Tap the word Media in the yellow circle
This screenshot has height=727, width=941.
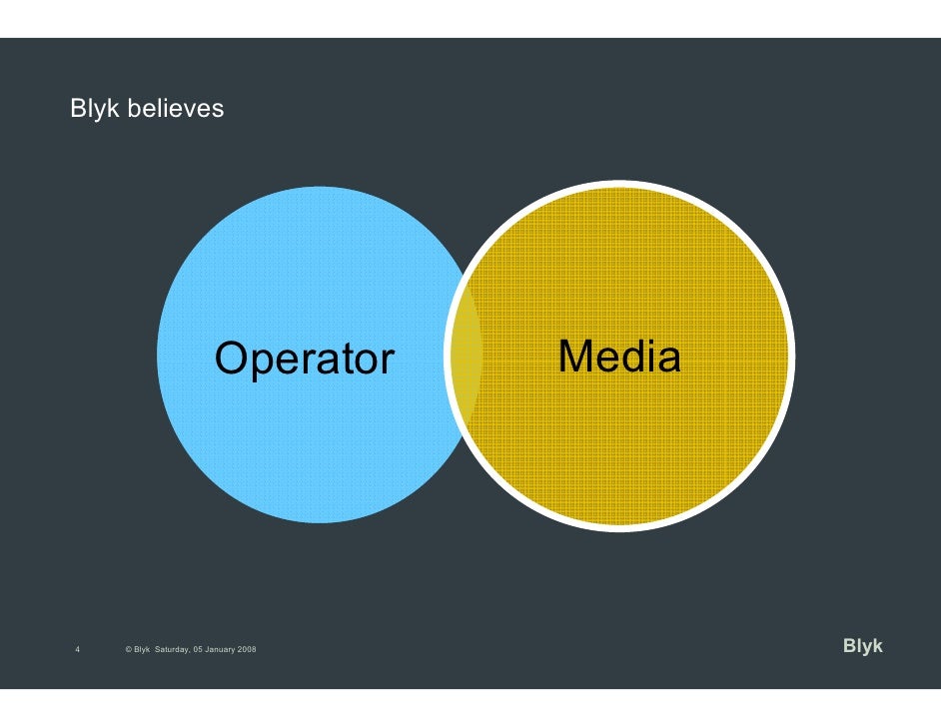619,357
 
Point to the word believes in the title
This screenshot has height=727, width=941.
176,108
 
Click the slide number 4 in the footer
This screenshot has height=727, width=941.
78,650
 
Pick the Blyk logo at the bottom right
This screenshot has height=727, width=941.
862,646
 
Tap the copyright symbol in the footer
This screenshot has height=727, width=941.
129,650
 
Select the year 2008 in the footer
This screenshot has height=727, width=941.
246,650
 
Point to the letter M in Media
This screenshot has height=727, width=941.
575,357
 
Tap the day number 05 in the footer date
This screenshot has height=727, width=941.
202,650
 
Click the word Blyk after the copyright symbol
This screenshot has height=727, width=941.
142,650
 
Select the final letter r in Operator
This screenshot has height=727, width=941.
388,362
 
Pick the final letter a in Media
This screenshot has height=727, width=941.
670,359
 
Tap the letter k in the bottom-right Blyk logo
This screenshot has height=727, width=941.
877,646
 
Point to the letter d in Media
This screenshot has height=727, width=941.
634,357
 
